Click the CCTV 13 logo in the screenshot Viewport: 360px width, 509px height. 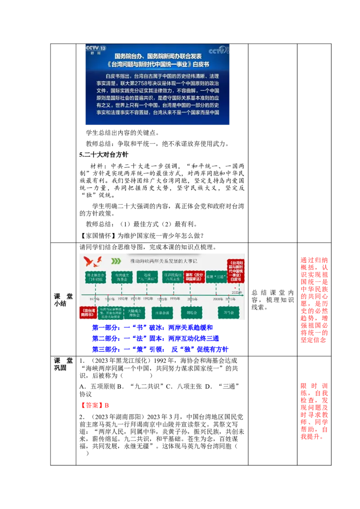(x=96, y=49)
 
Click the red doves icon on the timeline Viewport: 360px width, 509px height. (x=93, y=261)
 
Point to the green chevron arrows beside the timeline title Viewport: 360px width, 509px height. (x=116, y=261)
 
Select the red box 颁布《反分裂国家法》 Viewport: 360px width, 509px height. (x=194, y=277)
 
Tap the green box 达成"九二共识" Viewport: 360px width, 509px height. (x=148, y=277)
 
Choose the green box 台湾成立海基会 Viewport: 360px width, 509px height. (x=121, y=277)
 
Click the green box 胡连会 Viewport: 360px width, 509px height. (x=192, y=312)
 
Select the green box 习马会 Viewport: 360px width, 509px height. (x=228, y=312)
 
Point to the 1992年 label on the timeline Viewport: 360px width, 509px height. (x=148, y=299)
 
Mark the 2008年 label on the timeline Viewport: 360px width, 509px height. (x=218, y=299)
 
